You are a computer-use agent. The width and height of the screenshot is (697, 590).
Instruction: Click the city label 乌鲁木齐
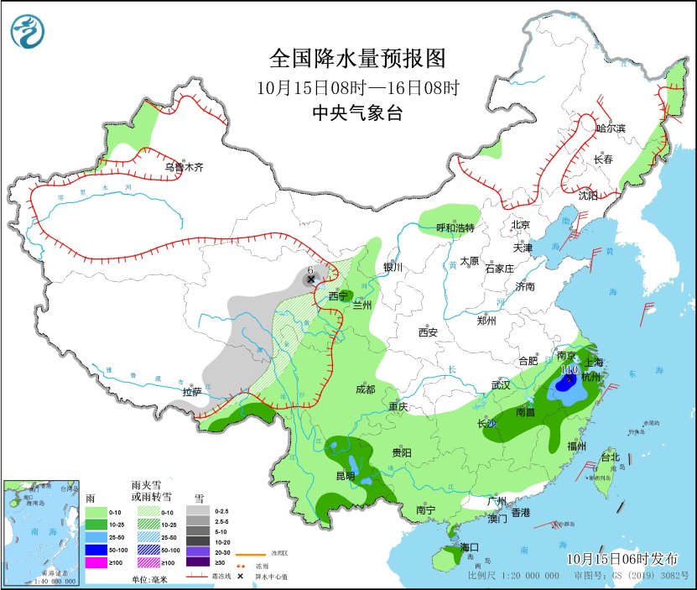(184, 168)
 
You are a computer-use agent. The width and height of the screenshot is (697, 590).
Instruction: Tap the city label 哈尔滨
(611, 128)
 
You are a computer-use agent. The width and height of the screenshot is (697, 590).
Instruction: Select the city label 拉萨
(191, 392)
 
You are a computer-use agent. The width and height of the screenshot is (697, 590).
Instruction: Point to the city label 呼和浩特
(455, 227)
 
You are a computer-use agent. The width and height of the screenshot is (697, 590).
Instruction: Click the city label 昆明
(345, 476)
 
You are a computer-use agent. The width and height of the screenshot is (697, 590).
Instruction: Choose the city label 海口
(470, 547)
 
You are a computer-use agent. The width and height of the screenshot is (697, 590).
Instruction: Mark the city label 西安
(428, 332)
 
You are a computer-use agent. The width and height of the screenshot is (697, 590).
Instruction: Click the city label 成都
(365, 389)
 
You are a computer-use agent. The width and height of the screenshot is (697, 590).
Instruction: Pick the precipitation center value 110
(570, 369)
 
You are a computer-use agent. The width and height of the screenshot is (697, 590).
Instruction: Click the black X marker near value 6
(310, 279)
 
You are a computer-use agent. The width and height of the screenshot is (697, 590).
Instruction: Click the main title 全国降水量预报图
(356, 58)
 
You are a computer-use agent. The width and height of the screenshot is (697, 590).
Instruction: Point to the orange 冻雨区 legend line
(248, 555)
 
